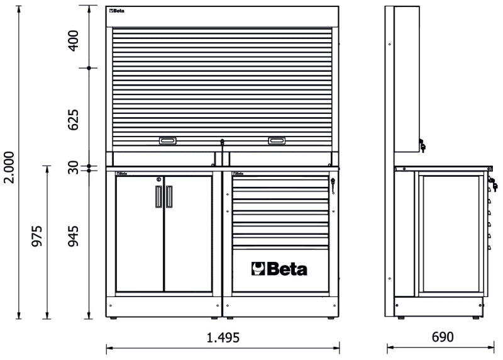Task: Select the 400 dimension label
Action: pos(74,38)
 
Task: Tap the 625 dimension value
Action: pos(74,120)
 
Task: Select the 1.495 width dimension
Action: pos(223,338)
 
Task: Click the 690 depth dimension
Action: pos(443,338)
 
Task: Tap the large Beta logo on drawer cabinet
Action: pos(280,269)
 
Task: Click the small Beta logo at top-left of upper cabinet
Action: pos(118,11)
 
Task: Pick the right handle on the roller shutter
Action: pos(277,141)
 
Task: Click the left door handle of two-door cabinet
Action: pos(157,197)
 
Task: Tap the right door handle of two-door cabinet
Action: pos(169,197)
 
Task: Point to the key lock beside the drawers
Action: pos(333,185)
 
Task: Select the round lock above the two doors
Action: pos(159,179)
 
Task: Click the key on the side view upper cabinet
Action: pos(423,147)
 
